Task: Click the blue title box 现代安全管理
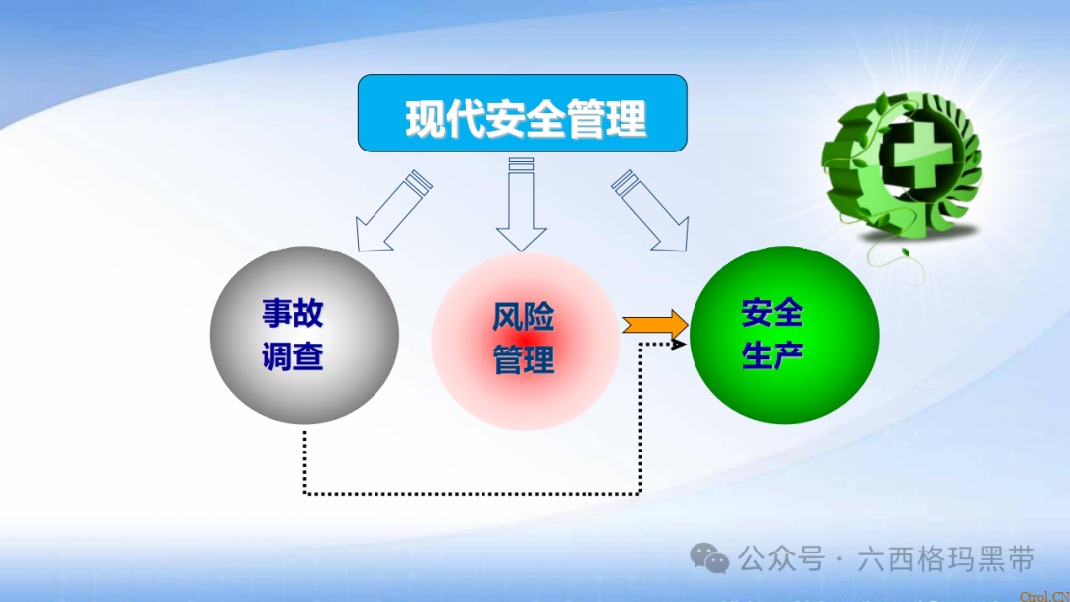pos(522,114)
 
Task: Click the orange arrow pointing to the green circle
pos(655,324)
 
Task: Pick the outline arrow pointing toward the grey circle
pos(391,211)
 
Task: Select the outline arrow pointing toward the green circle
pos(649,211)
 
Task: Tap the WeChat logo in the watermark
pos(709,558)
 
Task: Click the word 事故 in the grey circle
pos(292,314)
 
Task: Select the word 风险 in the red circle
pos(523,318)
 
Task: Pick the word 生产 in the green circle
pos(772,355)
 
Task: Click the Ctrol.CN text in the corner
pos(1046,595)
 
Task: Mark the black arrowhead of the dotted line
pos(681,344)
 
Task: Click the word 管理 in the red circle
pos(523,360)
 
